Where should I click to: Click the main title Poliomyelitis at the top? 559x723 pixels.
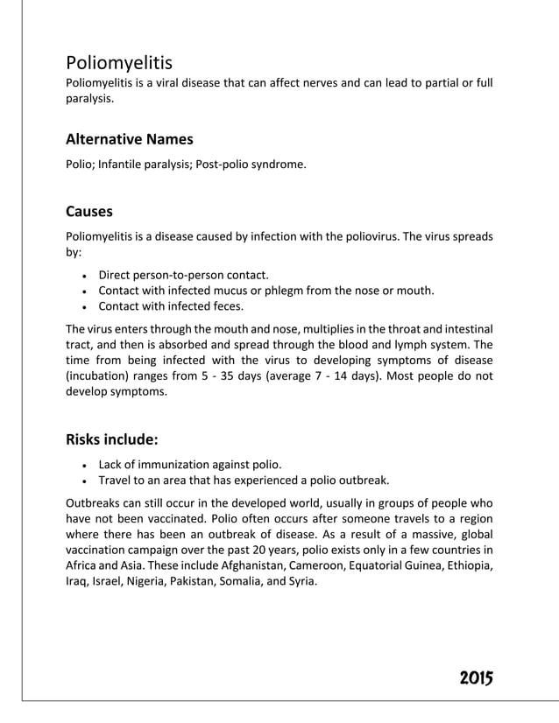pyautogui.click(x=119, y=63)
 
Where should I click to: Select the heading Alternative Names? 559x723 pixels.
pyautogui.click(x=130, y=139)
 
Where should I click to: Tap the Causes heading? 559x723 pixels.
pyautogui.click(x=89, y=212)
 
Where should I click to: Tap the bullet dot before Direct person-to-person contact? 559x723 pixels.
pyautogui.click(x=82, y=276)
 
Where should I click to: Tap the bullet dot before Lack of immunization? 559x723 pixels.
pyautogui.click(x=82, y=465)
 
